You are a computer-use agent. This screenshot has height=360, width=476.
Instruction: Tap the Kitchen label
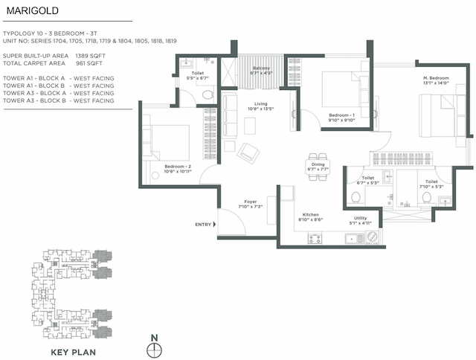[x=311, y=216]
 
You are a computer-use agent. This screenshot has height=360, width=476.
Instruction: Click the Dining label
[x=318, y=167]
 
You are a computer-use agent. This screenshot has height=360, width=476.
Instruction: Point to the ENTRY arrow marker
[x=214, y=223]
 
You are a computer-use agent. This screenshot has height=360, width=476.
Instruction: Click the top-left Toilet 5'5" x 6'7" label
[x=195, y=74]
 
